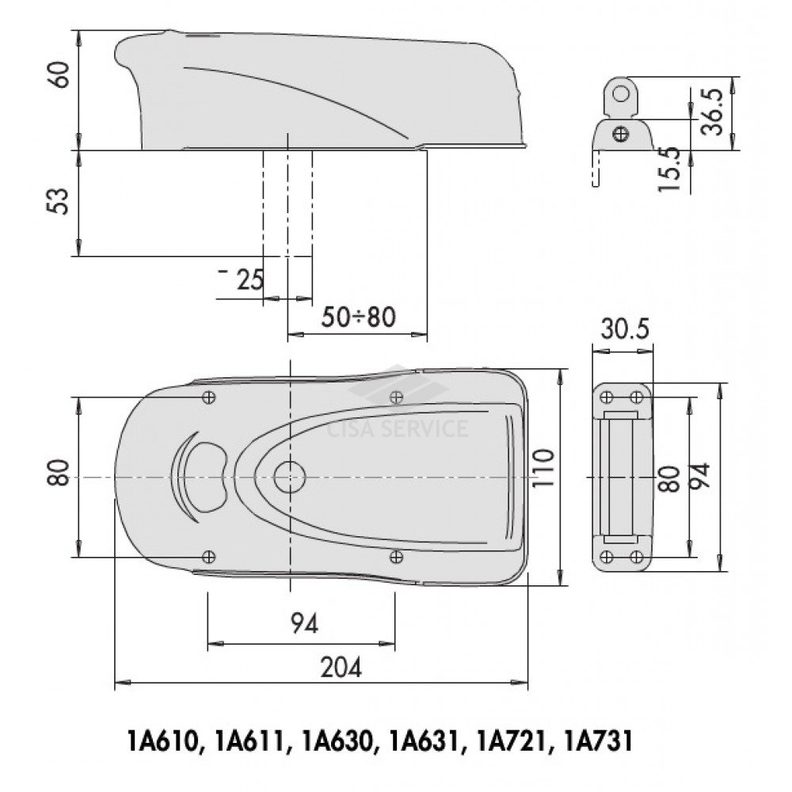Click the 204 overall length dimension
click(x=341, y=668)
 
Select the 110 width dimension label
click(x=543, y=467)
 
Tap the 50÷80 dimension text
click(x=359, y=318)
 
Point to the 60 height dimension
click(x=61, y=74)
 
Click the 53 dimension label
click(x=61, y=201)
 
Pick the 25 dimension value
click(x=250, y=280)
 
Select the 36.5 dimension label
click(x=713, y=112)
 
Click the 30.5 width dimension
click(x=624, y=329)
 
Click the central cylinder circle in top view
click(x=290, y=478)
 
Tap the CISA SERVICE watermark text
click(x=398, y=428)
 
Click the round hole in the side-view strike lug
click(x=621, y=94)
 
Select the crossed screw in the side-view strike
click(x=620, y=134)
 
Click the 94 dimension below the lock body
click(x=305, y=624)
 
